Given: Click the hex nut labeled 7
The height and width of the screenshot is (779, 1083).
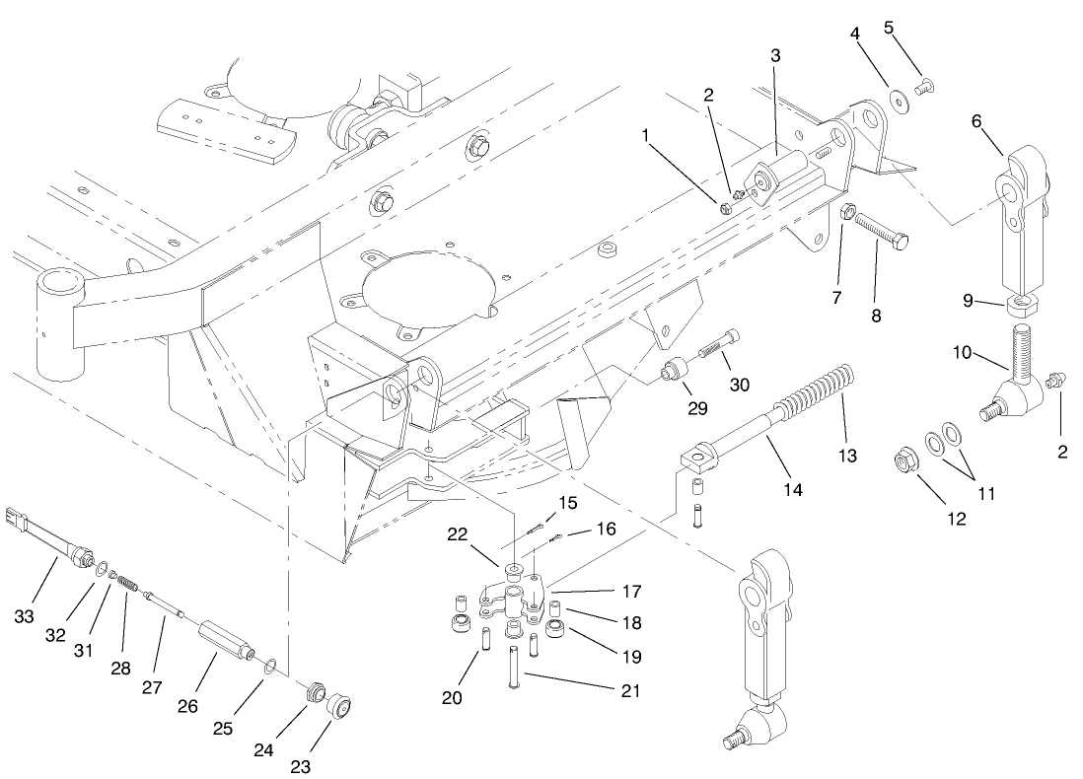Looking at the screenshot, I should point(845,211).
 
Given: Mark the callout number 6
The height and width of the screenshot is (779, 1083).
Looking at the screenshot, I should point(976,121).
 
